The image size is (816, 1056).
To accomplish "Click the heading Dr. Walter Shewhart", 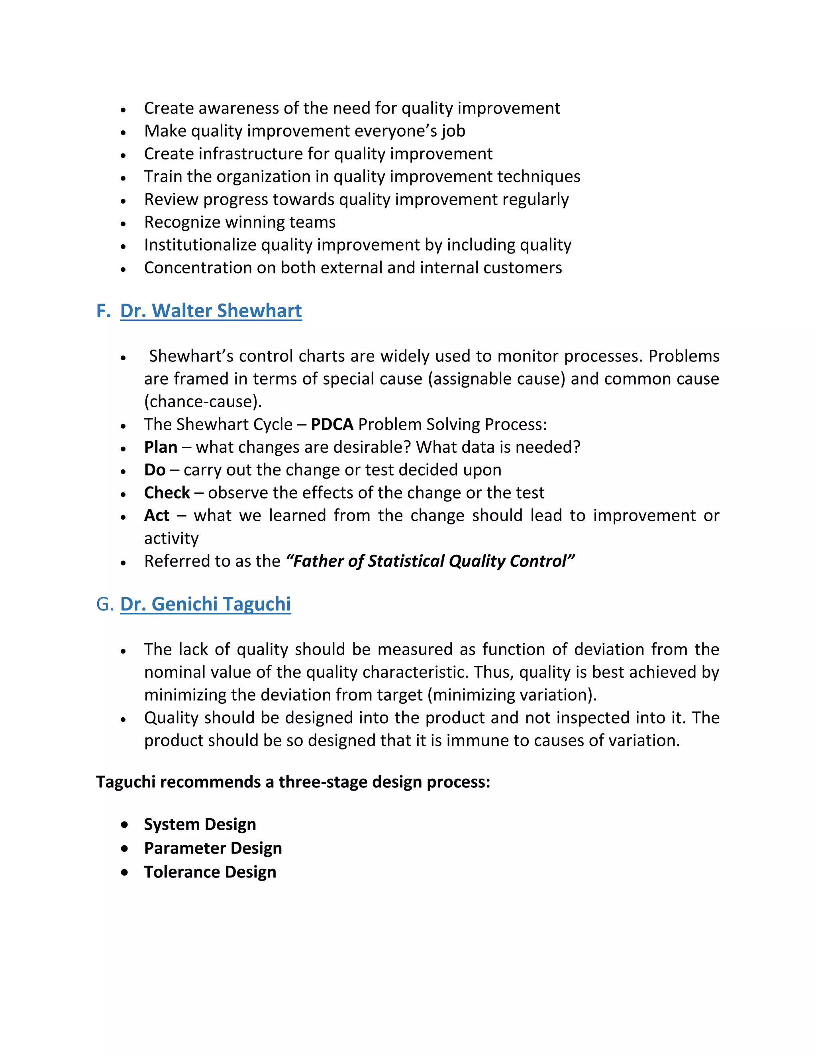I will [x=211, y=310].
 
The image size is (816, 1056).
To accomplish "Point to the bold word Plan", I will [x=161, y=447].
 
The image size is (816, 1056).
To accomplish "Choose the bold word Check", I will [x=167, y=492].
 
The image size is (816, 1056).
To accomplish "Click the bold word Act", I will [x=157, y=515].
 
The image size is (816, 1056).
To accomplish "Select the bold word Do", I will [x=155, y=469].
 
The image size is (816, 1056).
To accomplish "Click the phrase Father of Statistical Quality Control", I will [x=430, y=561].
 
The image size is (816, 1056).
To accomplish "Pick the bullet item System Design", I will [x=200, y=824].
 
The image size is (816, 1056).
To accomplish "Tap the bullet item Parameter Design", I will [x=213, y=848].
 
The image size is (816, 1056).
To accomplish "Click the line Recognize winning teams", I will [x=240, y=222].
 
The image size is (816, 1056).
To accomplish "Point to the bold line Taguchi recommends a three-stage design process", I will [x=293, y=782].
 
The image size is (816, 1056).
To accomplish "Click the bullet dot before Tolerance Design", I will [x=125, y=872].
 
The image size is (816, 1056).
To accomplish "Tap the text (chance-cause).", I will [x=202, y=401].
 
